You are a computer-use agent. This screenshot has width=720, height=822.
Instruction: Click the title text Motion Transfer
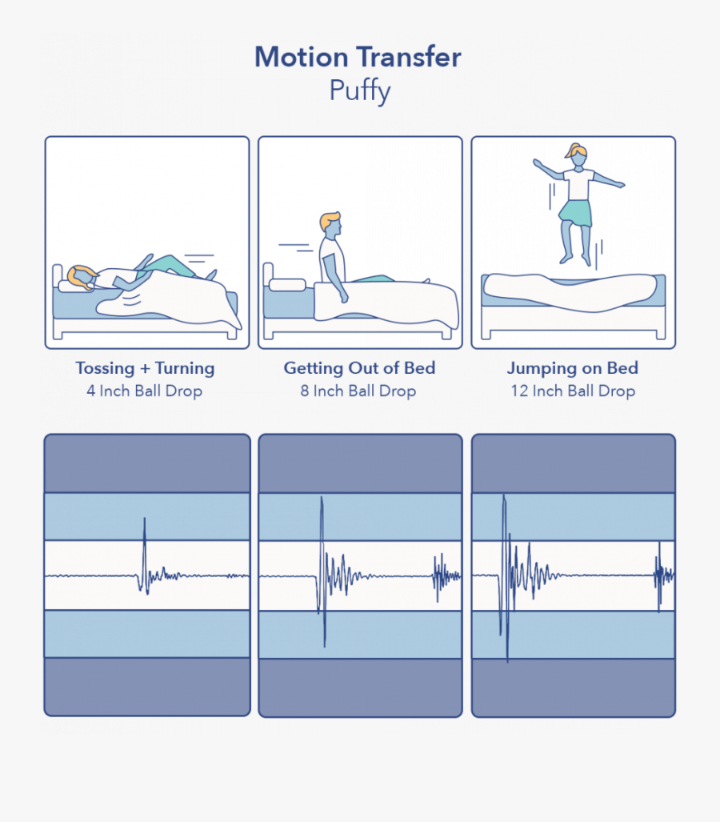pyautogui.click(x=358, y=58)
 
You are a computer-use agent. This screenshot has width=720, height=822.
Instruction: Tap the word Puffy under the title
pyautogui.click(x=359, y=90)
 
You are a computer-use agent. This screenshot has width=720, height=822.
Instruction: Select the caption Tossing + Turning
pyautogui.click(x=145, y=368)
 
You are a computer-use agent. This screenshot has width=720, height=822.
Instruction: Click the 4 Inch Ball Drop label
pyautogui.click(x=145, y=391)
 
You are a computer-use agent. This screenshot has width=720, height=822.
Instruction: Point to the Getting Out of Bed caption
pyautogui.click(x=359, y=368)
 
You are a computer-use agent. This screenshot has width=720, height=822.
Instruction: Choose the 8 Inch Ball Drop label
pyautogui.click(x=358, y=391)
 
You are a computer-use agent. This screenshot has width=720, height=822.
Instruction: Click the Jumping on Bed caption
pyautogui.click(x=572, y=368)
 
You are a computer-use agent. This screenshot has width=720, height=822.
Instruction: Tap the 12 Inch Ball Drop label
pyautogui.click(x=573, y=391)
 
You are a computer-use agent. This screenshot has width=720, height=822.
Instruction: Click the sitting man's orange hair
pyautogui.click(x=329, y=219)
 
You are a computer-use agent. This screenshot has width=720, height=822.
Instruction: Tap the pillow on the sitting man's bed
pyautogui.click(x=287, y=284)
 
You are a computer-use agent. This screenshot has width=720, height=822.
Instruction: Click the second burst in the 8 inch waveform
pyautogui.click(x=444, y=575)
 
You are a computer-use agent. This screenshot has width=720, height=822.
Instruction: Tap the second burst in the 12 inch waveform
pyautogui.click(x=661, y=575)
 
